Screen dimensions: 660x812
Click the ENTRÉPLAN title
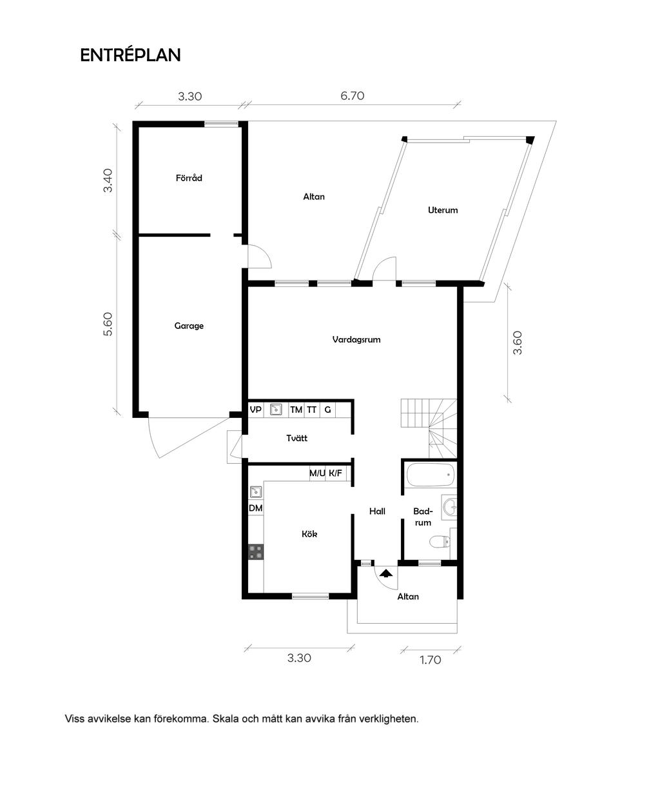pos(130,55)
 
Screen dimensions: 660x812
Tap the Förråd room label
pos(189,178)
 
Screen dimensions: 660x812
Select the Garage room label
pos(189,326)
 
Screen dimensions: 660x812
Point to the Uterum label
pos(443,210)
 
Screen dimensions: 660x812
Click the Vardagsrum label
pos(356,340)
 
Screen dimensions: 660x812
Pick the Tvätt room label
pos(296,438)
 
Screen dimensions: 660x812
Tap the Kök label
pos(309,534)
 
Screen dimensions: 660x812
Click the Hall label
pos(377,511)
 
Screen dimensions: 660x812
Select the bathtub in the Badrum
pos(431,475)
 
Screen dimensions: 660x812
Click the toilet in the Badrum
pos(440,542)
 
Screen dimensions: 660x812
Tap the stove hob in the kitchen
pos(255,552)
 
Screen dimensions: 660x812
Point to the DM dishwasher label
pos(255,508)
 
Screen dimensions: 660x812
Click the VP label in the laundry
pos(255,410)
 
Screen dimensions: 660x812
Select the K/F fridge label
pos(335,473)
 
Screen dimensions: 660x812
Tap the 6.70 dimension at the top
pos(353,95)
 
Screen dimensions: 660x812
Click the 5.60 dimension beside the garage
pos(108,324)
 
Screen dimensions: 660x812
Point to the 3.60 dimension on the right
pos(517,342)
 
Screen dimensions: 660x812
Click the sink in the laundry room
pos(276,410)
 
